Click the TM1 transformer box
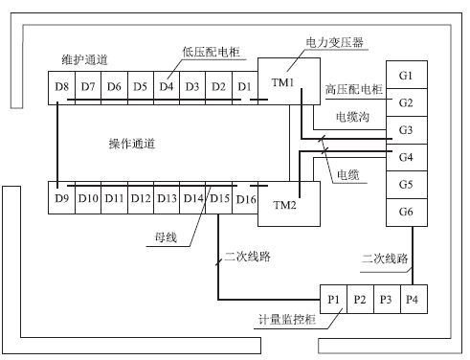[280, 84]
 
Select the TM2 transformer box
[284, 205]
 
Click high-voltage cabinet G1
[406, 76]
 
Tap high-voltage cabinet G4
[406, 156]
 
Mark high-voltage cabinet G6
[406, 211]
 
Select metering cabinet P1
[334, 299]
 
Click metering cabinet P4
[412, 299]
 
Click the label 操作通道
[133, 144]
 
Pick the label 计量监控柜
[286, 318]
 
